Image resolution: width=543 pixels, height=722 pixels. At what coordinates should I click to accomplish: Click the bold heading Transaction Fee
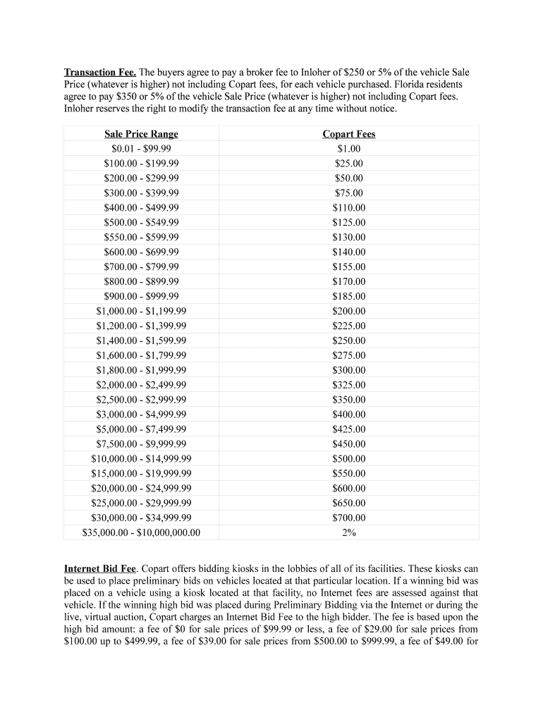coord(99,73)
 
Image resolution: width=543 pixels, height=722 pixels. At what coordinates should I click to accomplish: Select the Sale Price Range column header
coord(141,134)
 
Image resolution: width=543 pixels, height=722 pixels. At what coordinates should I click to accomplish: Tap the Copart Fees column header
coord(348,134)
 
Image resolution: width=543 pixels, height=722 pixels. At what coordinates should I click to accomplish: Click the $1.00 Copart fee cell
coord(348,149)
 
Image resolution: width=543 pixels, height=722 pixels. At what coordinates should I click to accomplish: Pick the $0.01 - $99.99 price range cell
coord(141,149)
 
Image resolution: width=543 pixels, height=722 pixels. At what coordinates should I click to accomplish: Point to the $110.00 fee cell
coord(348,208)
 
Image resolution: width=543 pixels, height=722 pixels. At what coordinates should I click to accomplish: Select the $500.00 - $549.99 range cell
coord(141,223)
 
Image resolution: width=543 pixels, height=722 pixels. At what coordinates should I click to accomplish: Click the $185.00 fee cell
coord(348,296)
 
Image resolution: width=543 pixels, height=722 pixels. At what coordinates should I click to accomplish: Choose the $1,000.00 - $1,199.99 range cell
coord(141,311)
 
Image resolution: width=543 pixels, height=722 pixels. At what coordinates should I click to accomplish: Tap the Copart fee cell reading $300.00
coord(348,370)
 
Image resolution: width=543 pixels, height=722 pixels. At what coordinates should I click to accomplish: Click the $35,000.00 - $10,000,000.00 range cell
coord(141,533)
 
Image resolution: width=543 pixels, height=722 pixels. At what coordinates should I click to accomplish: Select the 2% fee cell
coord(348,533)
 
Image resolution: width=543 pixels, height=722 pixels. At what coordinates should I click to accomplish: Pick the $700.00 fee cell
coord(348,518)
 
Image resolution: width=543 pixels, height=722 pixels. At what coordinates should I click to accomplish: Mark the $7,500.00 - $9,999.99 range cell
coord(141,444)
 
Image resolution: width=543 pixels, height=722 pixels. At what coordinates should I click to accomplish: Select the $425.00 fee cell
coord(348,429)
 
